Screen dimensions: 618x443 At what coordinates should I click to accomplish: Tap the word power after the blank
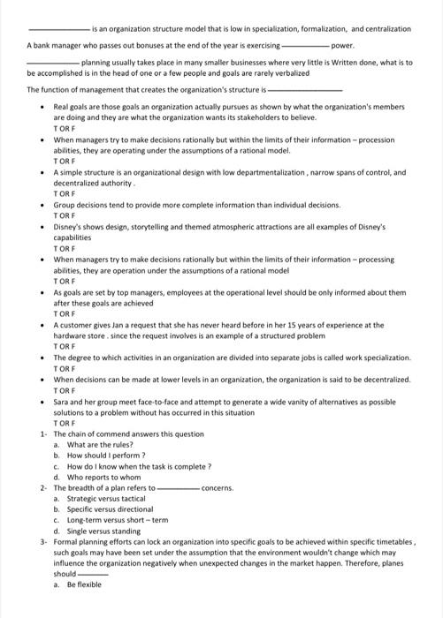click(x=341, y=43)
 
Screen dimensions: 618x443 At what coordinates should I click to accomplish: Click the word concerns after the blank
click(x=218, y=488)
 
